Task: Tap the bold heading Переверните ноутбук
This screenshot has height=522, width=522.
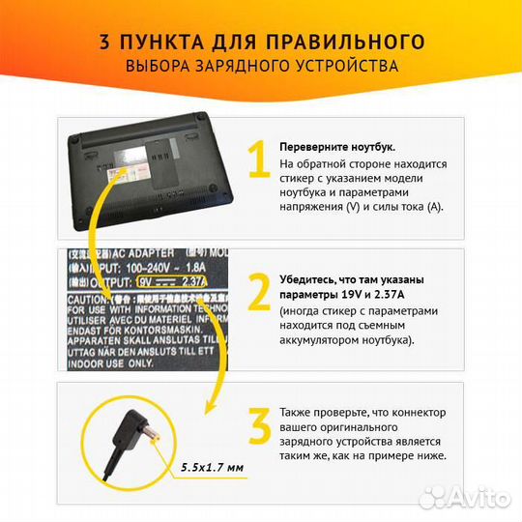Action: click(x=337, y=147)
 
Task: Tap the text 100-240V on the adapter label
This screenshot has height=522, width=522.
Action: click(x=145, y=267)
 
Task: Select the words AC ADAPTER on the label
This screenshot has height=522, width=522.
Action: click(x=146, y=252)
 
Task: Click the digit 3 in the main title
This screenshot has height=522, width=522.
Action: click(x=103, y=42)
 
